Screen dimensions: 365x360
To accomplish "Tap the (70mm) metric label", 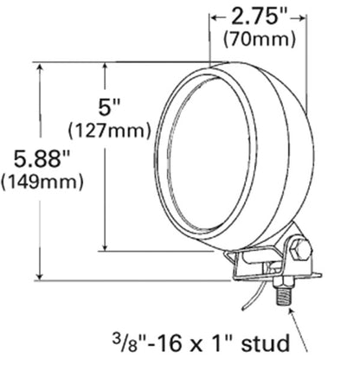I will (260, 38).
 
